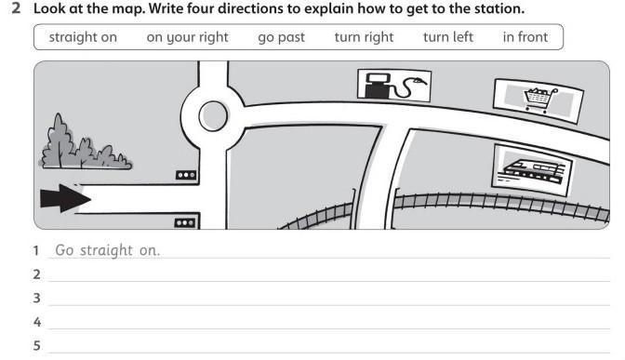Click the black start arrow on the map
[65, 198]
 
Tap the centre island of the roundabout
[213, 116]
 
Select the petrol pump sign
[394, 86]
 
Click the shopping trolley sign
[539, 100]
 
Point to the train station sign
[533, 170]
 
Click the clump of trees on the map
[85, 143]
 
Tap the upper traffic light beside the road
[186, 175]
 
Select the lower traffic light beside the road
[185, 223]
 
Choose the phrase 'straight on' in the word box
[83, 37]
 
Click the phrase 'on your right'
[187, 37]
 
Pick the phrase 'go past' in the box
[282, 38]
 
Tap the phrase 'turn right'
[364, 37]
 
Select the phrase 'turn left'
[448, 37]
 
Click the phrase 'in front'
[525, 37]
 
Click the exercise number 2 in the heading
[16, 8]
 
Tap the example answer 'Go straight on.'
[108, 250]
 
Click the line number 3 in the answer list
[36, 298]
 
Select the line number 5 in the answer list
[36, 345]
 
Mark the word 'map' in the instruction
[130, 9]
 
